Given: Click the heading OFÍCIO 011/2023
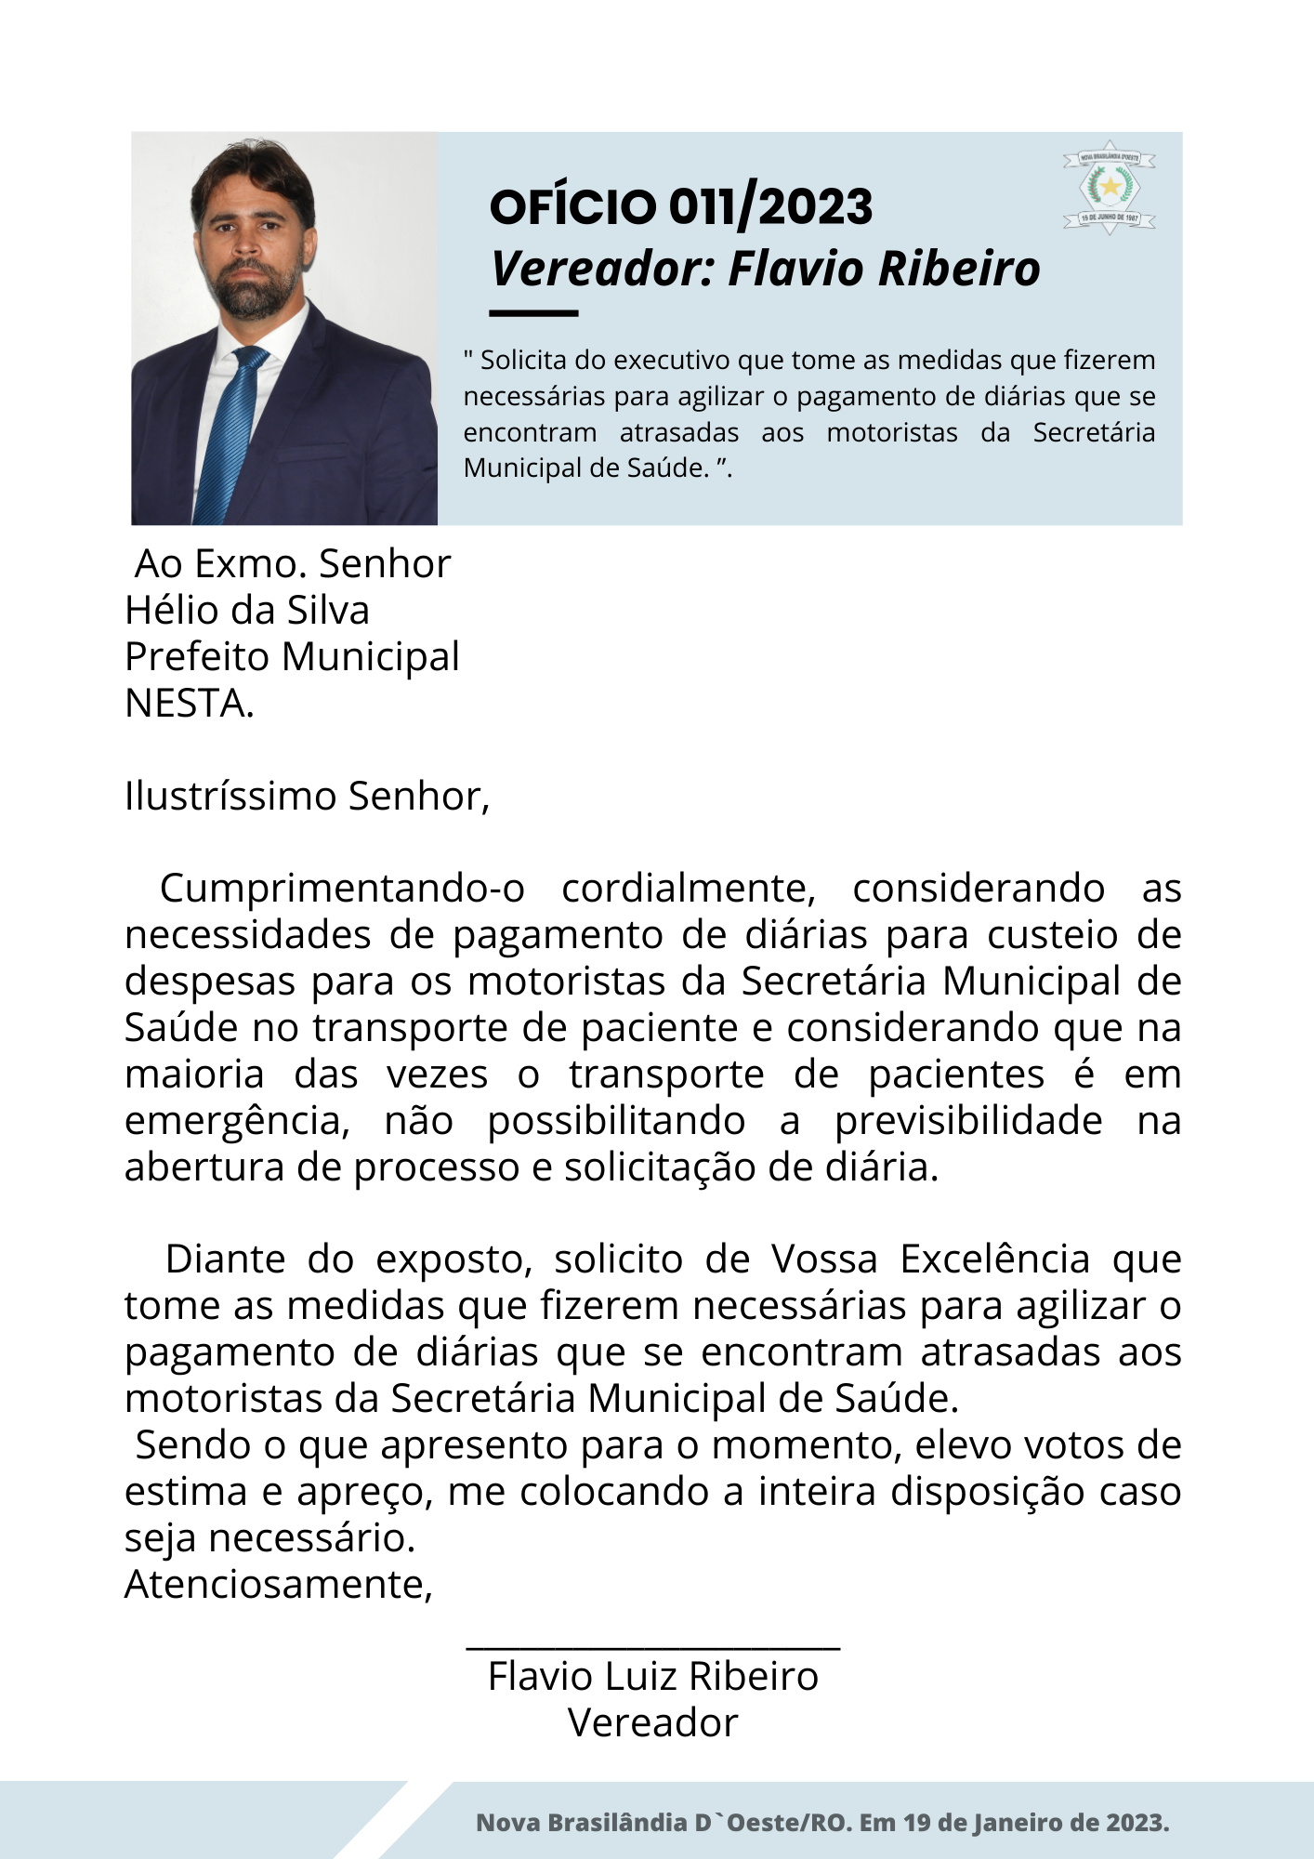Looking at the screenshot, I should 680,206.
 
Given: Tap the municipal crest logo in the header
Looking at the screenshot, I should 1109,188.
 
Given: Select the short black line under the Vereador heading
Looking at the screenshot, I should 533,313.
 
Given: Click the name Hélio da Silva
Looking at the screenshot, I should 247,611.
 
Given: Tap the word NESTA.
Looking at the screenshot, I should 189,704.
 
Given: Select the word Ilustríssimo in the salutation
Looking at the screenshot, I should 232,797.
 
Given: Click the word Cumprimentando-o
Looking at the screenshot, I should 342,889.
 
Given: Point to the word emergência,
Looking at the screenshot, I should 237,1121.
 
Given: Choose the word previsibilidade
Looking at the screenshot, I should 968,1121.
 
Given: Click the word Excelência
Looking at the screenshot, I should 994,1259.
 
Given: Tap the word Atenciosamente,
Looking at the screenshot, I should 279,1585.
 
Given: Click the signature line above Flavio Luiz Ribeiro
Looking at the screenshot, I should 652,1648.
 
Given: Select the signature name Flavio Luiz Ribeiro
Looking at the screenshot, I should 652,1677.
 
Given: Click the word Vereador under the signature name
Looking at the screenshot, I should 652,1723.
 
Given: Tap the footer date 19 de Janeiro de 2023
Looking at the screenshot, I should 1035,1823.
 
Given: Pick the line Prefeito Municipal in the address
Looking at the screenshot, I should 292,657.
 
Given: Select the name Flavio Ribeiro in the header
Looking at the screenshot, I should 884,269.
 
